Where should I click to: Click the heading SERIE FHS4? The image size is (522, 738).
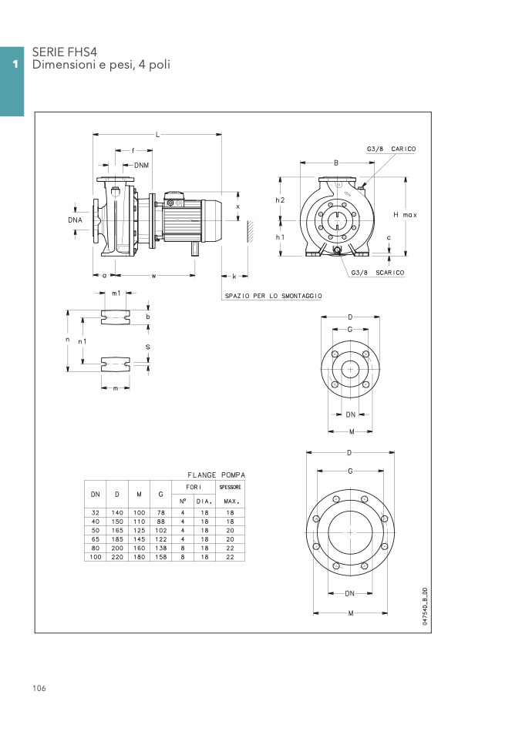(65, 52)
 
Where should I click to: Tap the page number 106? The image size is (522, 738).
(39, 688)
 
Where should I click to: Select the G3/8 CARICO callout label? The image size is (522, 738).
(391, 149)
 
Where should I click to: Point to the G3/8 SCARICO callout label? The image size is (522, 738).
(377, 273)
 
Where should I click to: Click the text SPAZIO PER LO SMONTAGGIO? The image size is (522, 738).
(273, 296)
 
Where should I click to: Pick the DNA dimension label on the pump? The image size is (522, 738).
(75, 220)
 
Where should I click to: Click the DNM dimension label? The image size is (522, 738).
(141, 165)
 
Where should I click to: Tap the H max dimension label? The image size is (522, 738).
(405, 215)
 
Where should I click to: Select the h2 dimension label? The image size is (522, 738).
(280, 200)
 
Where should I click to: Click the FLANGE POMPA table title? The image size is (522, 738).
(216, 475)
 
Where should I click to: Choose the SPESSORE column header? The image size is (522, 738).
(231, 487)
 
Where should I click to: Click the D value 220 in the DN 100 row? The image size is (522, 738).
(117, 557)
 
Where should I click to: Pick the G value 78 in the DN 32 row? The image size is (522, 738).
(160, 512)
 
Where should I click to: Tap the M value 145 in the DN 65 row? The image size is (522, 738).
(139, 539)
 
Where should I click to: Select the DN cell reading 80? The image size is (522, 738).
(96, 548)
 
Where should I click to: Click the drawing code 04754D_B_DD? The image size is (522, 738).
(425, 606)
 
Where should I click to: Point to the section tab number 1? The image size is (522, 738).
(15, 63)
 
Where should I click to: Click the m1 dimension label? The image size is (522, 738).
(116, 294)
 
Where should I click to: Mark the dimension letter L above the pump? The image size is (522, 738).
(158, 135)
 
